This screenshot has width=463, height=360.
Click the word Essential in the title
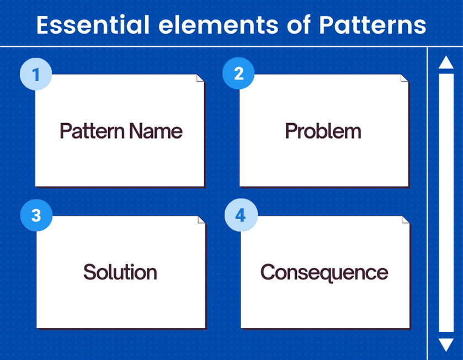click(x=93, y=25)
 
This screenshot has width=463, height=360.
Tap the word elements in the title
click(x=219, y=25)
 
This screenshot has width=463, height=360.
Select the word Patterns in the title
click(x=372, y=25)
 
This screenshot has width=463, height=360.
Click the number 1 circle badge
click(x=36, y=74)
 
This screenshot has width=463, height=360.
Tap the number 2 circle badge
click(x=238, y=73)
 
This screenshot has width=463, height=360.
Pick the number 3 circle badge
click(x=36, y=215)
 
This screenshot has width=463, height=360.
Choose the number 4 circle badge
click(x=241, y=215)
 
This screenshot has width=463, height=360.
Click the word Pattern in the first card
click(x=92, y=131)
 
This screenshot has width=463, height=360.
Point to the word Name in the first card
click(x=156, y=131)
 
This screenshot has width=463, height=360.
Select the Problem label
click(x=323, y=131)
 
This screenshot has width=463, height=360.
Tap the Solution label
click(x=120, y=272)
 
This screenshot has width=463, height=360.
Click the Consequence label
click(x=324, y=273)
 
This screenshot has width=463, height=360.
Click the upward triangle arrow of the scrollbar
click(x=446, y=62)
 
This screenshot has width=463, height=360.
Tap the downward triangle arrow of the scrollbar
click(x=446, y=345)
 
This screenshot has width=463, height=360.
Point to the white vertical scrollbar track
click(x=446, y=203)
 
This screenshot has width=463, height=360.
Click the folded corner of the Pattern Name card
click(x=200, y=78)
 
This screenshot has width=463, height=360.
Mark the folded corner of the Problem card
click(x=405, y=78)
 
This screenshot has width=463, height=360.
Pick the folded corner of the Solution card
click(x=201, y=219)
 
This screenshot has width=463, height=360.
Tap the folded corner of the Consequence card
click(x=406, y=219)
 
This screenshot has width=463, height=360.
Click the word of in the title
click(x=299, y=25)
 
